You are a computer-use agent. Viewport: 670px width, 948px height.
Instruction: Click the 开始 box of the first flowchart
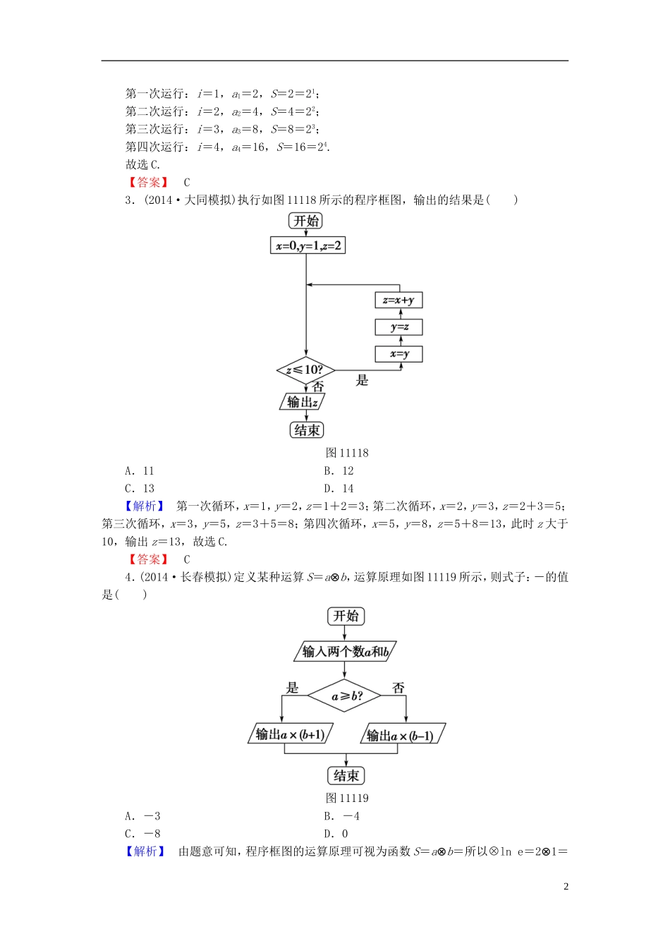tap(305, 221)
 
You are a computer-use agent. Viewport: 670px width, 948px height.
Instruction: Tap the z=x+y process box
tap(398, 300)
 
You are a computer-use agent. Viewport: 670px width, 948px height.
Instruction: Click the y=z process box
tap(398, 327)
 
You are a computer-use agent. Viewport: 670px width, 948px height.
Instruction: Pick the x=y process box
tap(398, 354)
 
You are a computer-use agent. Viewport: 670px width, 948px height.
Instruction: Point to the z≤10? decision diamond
tap(305, 370)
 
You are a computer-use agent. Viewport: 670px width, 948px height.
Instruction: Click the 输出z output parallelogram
tap(303, 402)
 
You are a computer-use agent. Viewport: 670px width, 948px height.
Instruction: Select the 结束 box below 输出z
tap(307, 430)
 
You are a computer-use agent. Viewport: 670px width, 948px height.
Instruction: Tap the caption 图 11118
tap(347, 453)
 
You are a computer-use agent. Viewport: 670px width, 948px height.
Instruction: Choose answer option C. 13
tap(140, 488)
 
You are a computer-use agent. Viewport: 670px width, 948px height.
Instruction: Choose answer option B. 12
tap(339, 470)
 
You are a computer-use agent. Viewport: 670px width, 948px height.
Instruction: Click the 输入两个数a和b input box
tap(345, 652)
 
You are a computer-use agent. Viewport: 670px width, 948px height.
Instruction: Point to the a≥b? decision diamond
tap(345, 696)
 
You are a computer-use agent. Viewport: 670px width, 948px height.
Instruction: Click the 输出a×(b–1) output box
tap(402, 735)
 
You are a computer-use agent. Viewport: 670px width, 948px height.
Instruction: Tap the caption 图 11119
tap(347, 798)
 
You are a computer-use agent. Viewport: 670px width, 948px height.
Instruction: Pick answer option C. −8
tap(142, 834)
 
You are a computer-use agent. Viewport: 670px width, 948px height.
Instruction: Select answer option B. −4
tap(341, 816)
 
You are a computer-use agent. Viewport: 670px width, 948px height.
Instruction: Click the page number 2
tap(566, 887)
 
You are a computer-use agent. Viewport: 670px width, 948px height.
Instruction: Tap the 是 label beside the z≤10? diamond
tap(362, 381)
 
